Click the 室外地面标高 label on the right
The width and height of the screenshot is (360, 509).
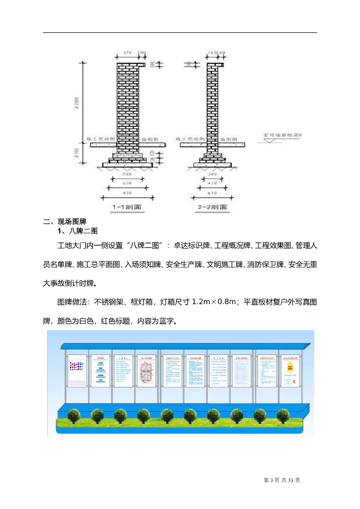point(284,135)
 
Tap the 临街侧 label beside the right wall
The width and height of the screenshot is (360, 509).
point(232,140)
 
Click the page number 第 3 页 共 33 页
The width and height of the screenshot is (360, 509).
point(282,480)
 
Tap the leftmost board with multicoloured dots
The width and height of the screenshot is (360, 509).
point(77,370)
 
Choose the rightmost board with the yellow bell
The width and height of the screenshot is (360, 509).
point(290,370)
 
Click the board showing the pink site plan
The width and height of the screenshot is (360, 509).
point(146,370)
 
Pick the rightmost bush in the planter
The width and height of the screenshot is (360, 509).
point(284,415)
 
